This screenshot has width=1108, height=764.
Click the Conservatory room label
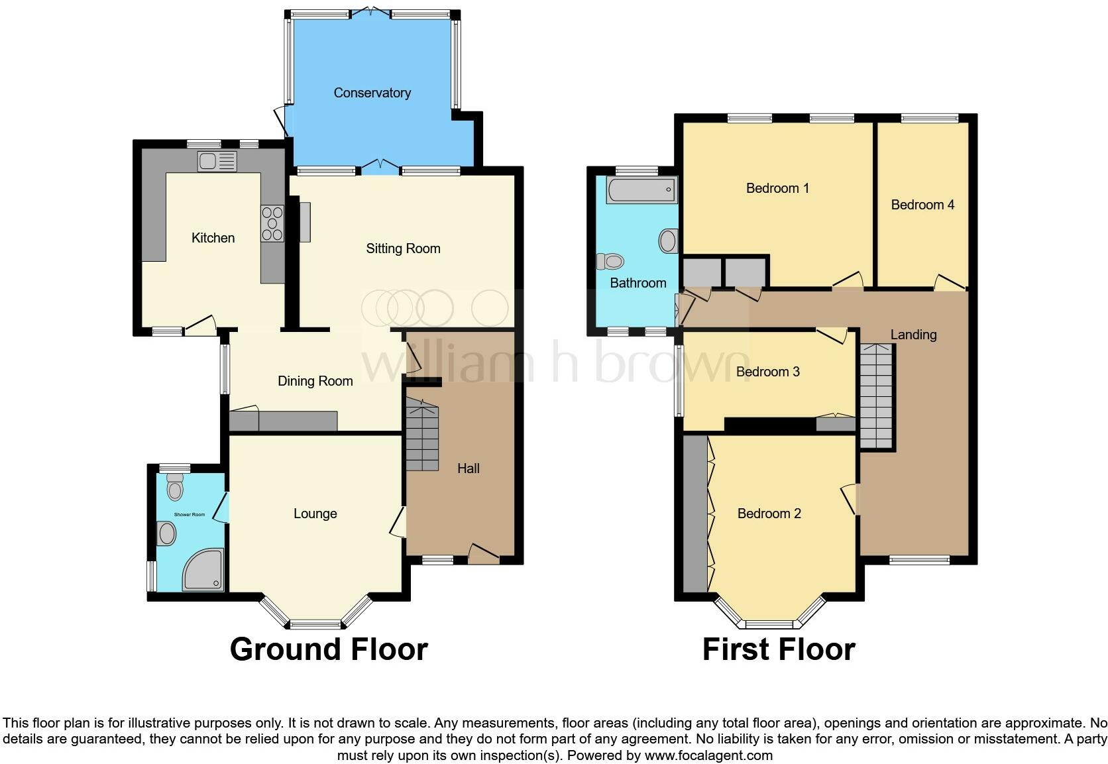[372, 93]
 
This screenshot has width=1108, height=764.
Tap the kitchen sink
[217, 161]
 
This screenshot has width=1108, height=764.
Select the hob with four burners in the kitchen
[272, 223]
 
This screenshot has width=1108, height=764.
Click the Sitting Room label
[403, 248]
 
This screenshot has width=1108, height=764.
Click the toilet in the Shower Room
[175, 487]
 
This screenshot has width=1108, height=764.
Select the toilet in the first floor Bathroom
[610, 261]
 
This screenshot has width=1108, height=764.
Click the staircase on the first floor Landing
[876, 396]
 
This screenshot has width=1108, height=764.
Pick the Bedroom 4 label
[922, 205]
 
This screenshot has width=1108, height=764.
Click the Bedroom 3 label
[767, 372]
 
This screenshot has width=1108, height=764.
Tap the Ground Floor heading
[329, 649]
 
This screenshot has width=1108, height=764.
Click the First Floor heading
[779, 649]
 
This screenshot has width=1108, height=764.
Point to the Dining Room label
[315, 381]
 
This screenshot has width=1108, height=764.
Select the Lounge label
[315, 514]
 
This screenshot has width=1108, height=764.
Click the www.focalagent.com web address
[708, 755]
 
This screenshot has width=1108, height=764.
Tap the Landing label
[913, 335]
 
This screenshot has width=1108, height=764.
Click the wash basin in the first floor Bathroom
[668, 241]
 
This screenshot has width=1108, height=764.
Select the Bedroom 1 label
[777, 188]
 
